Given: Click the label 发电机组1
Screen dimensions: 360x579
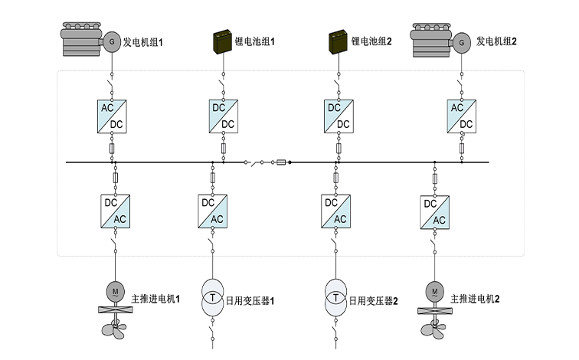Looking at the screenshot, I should pyautogui.click(x=143, y=42).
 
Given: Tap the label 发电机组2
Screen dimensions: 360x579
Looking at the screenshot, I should pyautogui.click(x=496, y=42).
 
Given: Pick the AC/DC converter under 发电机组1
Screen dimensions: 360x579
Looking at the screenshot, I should pyautogui.click(x=112, y=116).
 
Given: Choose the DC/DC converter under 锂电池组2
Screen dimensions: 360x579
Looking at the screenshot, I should pyautogui.click(x=337, y=116).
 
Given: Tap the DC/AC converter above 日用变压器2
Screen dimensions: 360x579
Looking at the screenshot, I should pyautogui.click(x=335, y=211).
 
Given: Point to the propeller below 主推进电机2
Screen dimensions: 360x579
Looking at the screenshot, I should pyautogui.click(x=433, y=329).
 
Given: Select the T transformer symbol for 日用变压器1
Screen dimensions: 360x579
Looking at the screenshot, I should pyautogui.click(x=213, y=294).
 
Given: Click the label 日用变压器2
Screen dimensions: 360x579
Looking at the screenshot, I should pyautogui.click(x=374, y=300).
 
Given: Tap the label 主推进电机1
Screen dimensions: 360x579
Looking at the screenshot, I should pyautogui.click(x=155, y=298).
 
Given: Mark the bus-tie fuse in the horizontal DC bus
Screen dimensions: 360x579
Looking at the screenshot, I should pyautogui.click(x=281, y=162).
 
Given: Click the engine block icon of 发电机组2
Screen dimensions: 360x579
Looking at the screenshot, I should pyautogui.click(x=432, y=41).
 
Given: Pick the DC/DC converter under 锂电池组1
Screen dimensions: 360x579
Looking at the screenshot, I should pyautogui.click(x=223, y=116).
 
